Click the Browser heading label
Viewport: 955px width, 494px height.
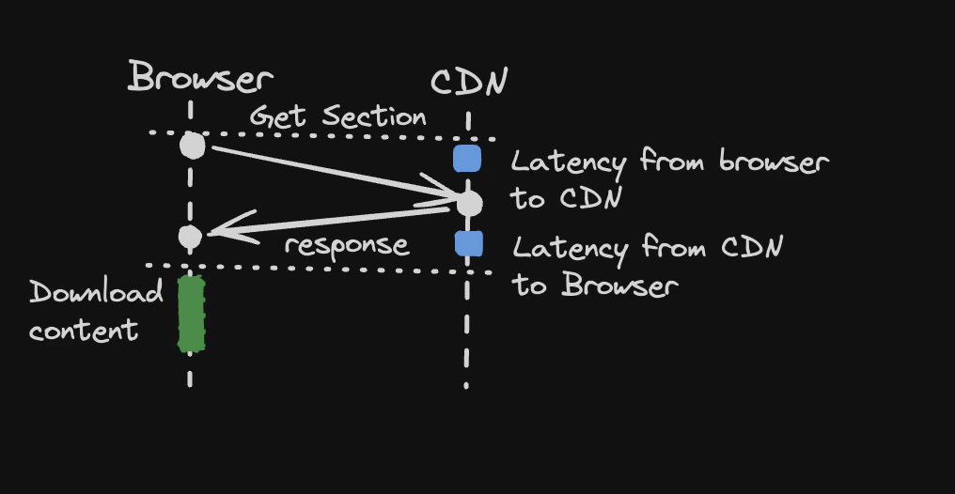click(201, 78)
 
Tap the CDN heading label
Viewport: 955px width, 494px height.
click(469, 84)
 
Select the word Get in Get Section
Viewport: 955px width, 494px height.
click(278, 117)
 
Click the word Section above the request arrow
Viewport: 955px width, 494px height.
click(374, 117)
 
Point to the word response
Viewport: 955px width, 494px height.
click(347, 246)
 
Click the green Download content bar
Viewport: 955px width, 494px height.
click(192, 314)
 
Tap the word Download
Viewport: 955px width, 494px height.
click(96, 293)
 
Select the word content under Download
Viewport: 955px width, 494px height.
click(84, 331)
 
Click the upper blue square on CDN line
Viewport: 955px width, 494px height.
click(467, 159)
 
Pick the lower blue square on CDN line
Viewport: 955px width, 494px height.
click(468, 244)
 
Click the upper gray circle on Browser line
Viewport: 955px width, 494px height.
click(192, 146)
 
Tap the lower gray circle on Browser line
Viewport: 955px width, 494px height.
click(190, 237)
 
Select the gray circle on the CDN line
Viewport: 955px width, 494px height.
click(468, 202)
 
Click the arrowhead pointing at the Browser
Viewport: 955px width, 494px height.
click(226, 229)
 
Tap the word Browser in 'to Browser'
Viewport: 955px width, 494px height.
click(619, 285)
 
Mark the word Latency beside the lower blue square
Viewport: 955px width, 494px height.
click(570, 249)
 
